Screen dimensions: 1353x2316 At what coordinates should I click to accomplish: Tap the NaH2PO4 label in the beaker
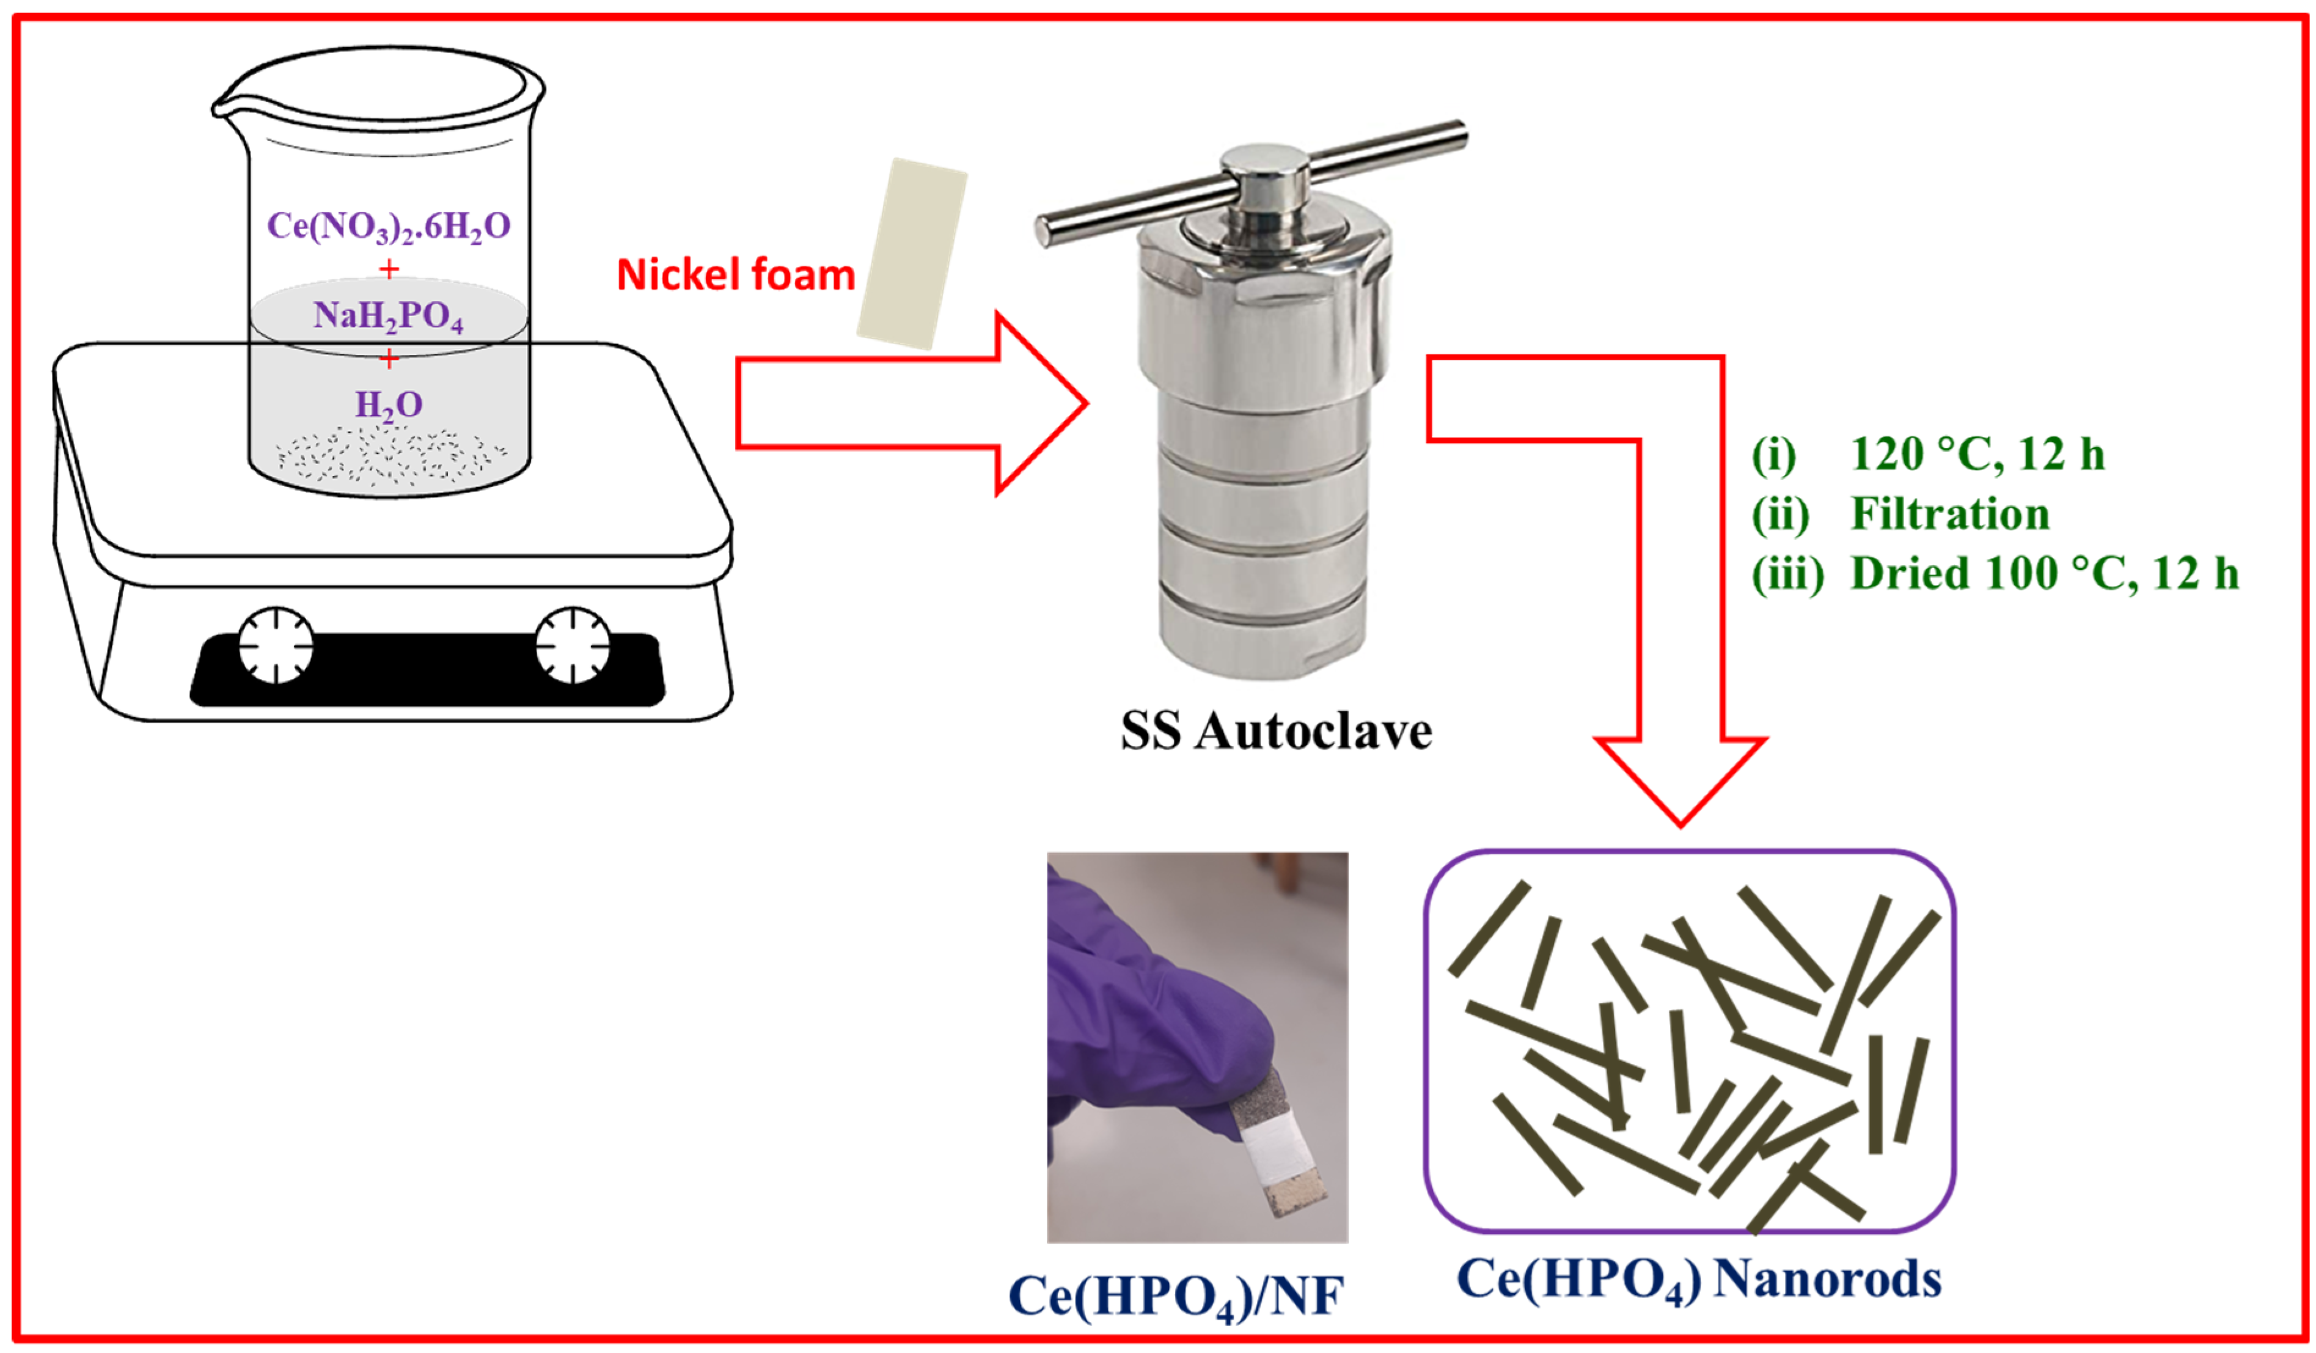click(389, 315)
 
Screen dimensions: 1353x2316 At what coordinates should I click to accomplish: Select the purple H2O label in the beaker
click(389, 405)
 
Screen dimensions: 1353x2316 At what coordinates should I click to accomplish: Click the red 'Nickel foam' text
click(735, 275)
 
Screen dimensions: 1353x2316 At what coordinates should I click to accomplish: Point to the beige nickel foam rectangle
click(912, 254)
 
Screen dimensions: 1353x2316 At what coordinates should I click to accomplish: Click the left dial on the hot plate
click(276, 645)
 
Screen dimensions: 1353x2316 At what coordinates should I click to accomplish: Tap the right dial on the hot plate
click(573, 645)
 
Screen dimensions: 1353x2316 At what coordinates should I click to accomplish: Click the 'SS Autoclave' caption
click(1276, 732)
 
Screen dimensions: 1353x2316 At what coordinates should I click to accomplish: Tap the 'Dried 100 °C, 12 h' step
click(2045, 574)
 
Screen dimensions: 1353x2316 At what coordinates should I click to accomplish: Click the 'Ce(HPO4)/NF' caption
click(1176, 1297)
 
